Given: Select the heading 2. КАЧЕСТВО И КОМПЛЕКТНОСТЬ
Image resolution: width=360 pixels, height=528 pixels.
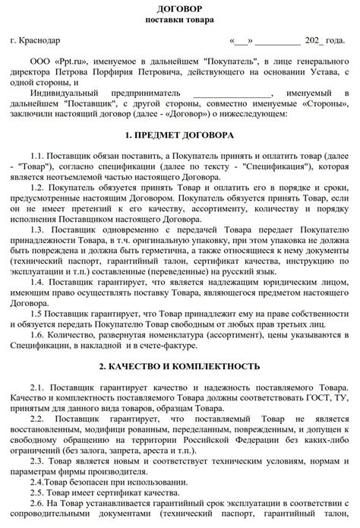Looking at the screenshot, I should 179,366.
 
